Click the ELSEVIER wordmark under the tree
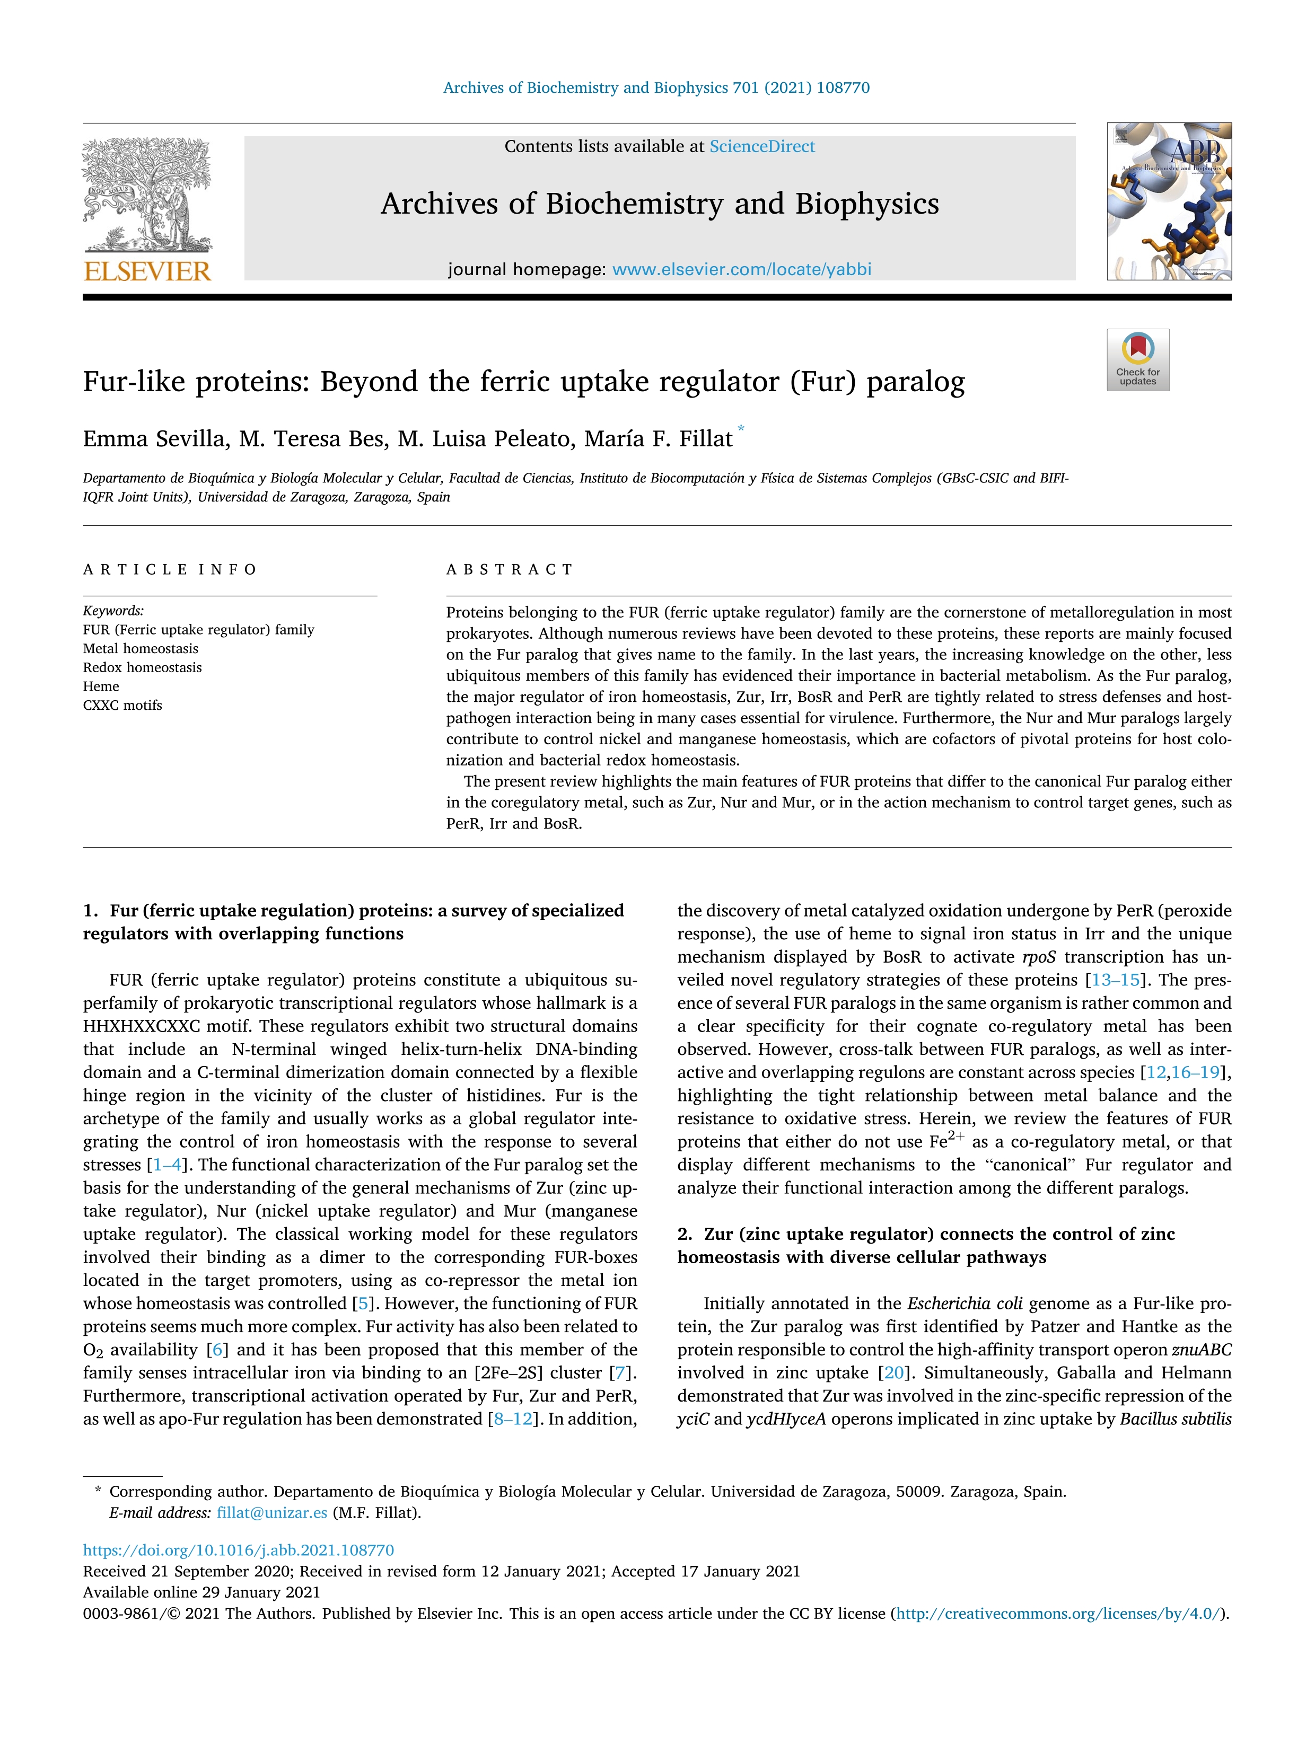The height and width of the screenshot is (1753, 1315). [147, 272]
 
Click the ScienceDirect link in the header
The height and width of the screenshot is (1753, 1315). [762, 147]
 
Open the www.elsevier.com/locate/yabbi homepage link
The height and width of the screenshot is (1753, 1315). [742, 269]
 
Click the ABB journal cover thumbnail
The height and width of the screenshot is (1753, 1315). [1169, 201]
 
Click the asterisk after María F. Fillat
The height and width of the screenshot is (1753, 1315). [741, 429]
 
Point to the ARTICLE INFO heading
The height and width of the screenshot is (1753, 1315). [170, 569]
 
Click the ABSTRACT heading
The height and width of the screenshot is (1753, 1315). [510, 569]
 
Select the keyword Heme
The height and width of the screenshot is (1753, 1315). [101, 686]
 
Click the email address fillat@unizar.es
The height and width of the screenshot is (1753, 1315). [272, 1512]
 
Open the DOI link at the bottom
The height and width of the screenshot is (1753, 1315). [239, 1550]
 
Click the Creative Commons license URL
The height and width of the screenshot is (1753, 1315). [1059, 1614]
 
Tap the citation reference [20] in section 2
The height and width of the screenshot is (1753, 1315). [893, 1373]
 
